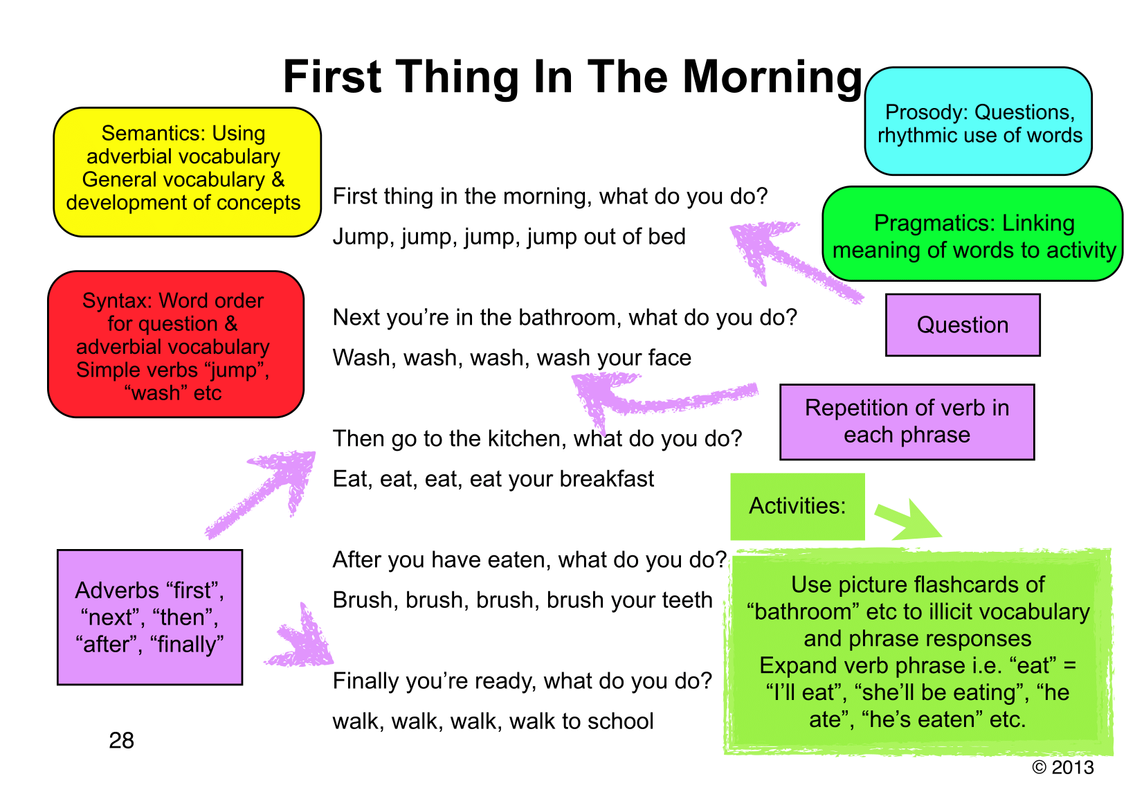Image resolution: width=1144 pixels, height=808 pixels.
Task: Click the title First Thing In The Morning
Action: coord(572,77)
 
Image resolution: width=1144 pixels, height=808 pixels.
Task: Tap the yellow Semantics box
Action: coord(187,172)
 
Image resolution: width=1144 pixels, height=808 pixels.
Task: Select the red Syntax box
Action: coord(176,344)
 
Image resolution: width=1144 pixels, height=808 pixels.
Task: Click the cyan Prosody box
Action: coord(978,121)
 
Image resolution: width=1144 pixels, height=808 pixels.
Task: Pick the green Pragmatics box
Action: coord(972,233)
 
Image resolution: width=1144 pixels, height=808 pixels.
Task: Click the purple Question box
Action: coord(963,325)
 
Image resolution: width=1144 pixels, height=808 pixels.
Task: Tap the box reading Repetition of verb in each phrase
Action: coord(907,422)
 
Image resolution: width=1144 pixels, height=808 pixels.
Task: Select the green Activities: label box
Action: coord(797,506)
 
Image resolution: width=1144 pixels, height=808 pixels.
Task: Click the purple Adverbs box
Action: coord(149,617)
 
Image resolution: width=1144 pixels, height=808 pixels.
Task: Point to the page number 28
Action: coord(122,740)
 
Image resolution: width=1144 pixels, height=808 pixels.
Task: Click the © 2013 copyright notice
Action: coord(1063,767)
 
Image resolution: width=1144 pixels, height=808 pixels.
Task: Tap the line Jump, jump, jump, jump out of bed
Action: coord(509,237)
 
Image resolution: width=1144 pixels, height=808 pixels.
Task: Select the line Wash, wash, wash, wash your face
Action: coord(511,358)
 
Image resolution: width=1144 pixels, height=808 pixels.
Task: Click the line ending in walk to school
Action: coord(493,721)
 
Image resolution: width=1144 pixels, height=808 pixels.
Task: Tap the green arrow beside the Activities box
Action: coord(908,521)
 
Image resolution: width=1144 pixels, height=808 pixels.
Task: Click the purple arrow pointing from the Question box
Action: coord(797,262)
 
